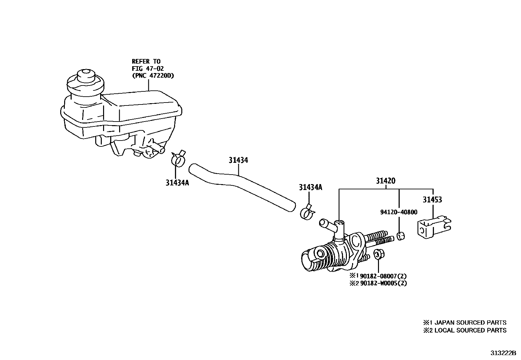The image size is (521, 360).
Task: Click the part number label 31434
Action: tap(238, 160)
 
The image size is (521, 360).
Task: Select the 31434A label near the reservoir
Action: tap(177, 183)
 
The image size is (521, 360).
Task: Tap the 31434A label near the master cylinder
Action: tap(310, 187)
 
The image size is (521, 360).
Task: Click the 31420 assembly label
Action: tap(386, 181)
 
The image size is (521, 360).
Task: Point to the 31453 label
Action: tap(432, 199)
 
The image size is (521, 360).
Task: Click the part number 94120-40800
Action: tap(399, 212)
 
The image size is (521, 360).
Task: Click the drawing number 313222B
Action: tap(503, 353)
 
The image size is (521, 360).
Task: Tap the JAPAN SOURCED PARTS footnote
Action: tap(465, 323)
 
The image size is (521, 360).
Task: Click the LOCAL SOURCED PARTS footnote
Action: tap(465, 330)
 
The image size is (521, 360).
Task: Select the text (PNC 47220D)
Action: tap(153, 76)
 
